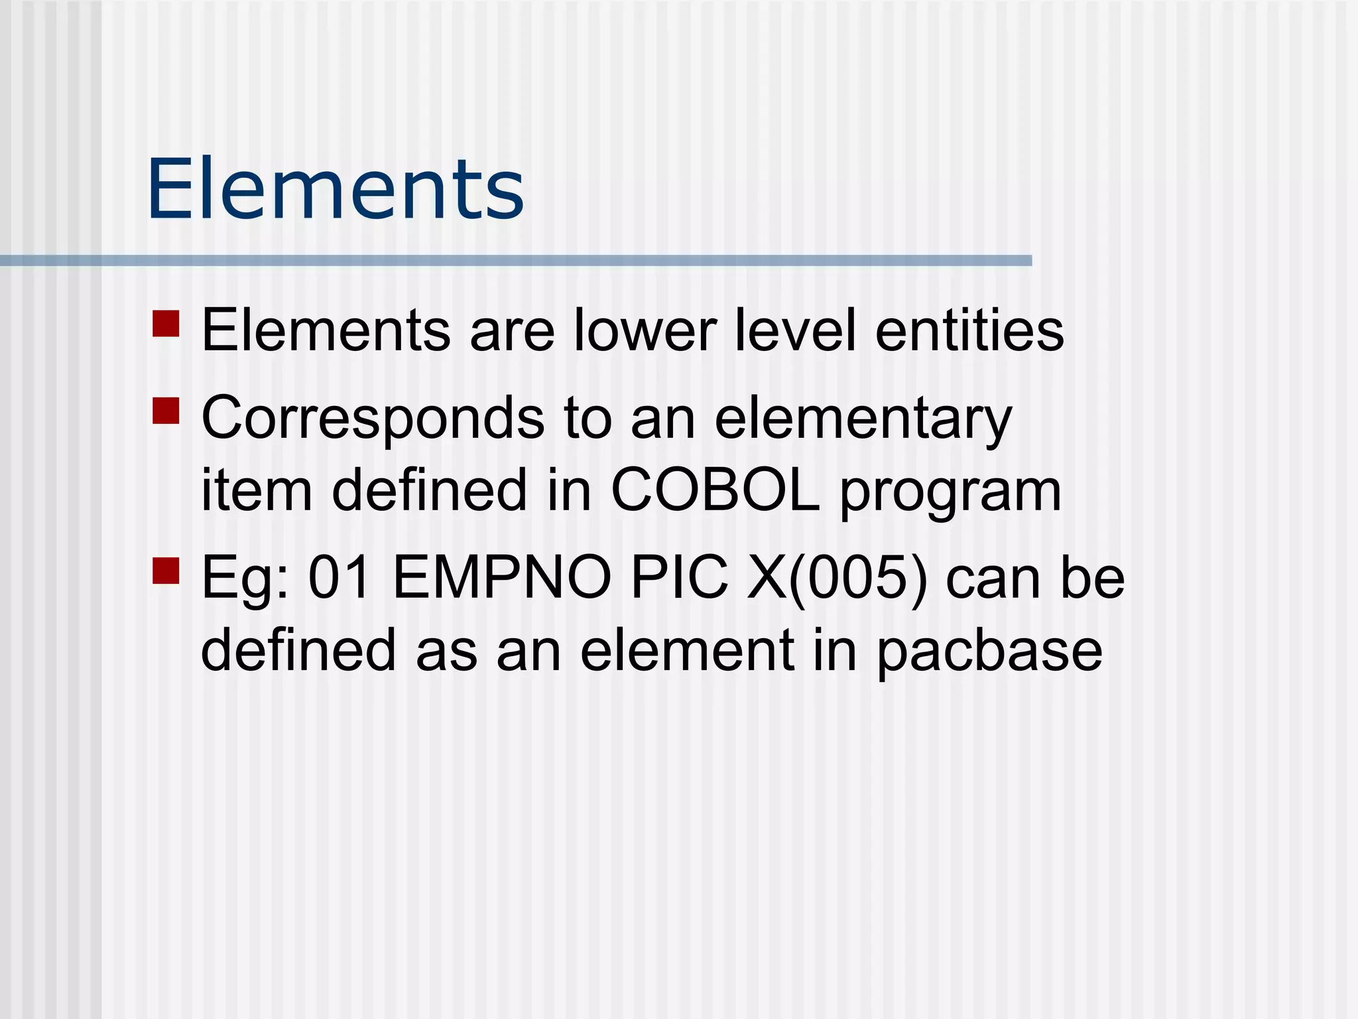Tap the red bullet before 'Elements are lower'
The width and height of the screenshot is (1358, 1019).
point(166,324)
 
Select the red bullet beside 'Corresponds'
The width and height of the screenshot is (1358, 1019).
point(166,411)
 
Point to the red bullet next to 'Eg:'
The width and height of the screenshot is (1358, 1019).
point(166,570)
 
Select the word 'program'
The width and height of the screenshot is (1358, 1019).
point(951,494)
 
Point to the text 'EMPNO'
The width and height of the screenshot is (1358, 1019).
point(502,578)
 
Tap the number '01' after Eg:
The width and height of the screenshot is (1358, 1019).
point(339,578)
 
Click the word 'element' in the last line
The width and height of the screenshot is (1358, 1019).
point(687,650)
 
